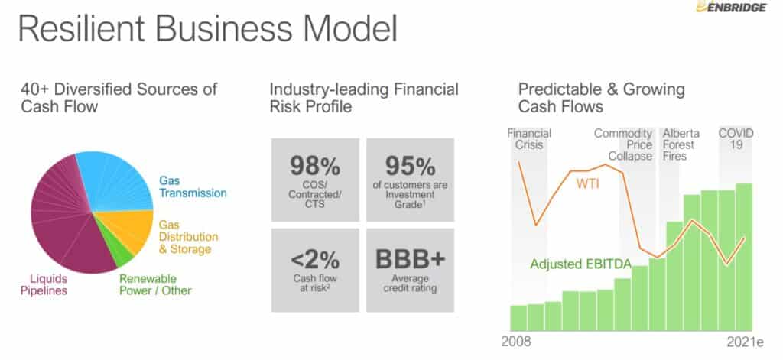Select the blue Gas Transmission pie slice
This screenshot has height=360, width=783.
[117, 180]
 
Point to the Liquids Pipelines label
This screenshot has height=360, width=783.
[44, 284]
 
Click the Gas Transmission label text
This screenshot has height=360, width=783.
[193, 186]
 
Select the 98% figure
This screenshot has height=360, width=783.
[314, 166]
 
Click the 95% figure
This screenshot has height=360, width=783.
[410, 166]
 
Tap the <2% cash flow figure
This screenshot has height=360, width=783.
[314, 260]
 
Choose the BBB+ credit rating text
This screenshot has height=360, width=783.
[410, 259]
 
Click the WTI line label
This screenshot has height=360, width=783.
[588, 183]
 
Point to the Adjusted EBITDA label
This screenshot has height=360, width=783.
[581, 264]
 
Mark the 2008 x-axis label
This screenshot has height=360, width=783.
[516, 342]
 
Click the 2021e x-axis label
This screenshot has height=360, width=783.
[745, 342]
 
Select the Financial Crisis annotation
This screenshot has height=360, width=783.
[529, 139]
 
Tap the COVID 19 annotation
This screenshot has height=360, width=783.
[736, 139]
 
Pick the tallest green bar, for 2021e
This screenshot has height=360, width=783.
[744, 257]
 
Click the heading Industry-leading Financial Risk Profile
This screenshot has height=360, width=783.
[363, 97]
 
